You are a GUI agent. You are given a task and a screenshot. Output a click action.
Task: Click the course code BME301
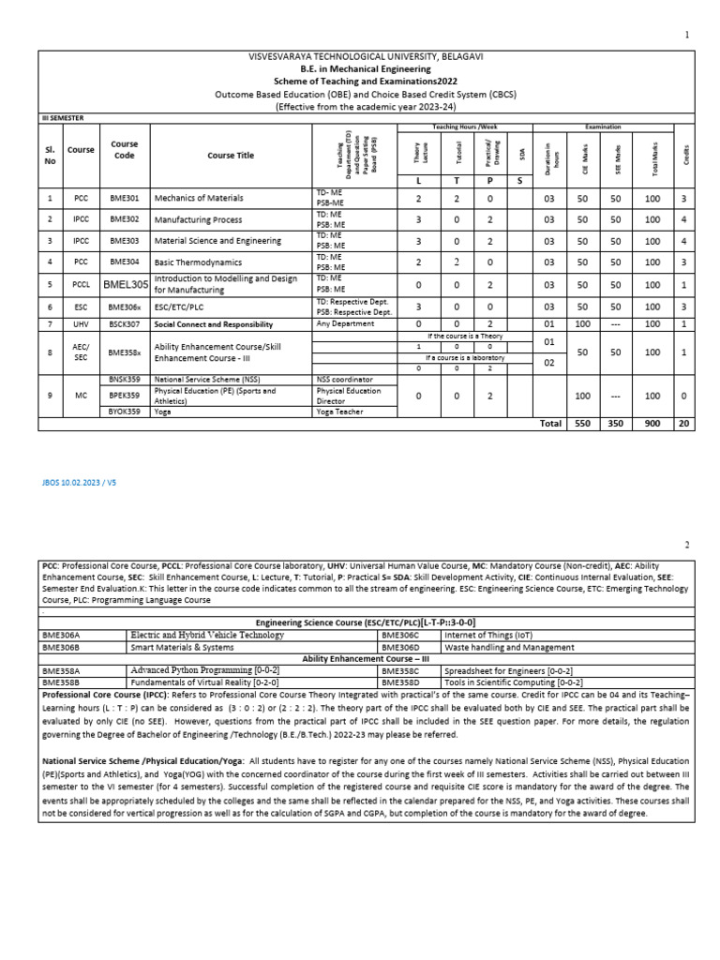(124, 199)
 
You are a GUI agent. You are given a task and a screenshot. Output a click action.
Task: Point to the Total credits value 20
(684, 424)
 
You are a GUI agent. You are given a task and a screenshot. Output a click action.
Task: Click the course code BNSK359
(124, 380)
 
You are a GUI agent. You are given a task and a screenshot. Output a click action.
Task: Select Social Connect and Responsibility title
(213, 324)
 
